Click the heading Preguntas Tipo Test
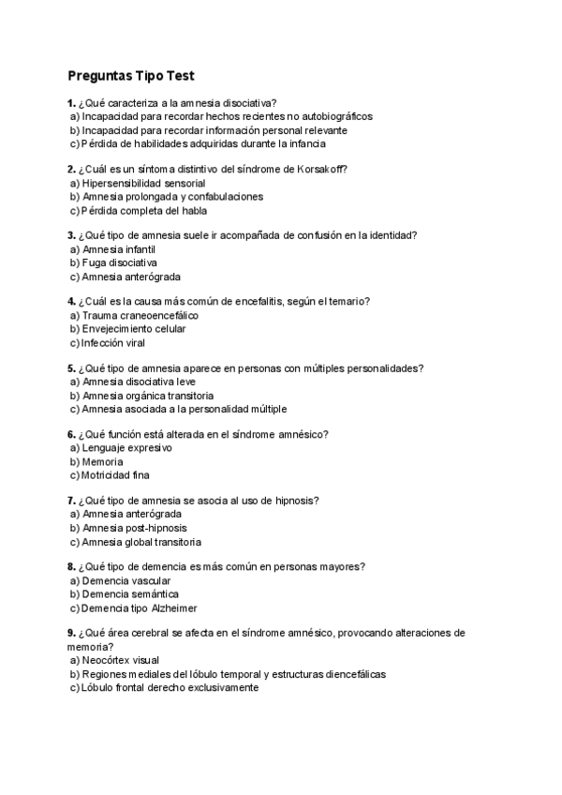click(x=131, y=75)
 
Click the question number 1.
click(x=71, y=103)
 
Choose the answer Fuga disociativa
click(x=120, y=263)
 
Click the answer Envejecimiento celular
click(x=134, y=329)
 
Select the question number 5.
click(x=71, y=367)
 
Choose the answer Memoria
click(x=102, y=462)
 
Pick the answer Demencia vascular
click(x=126, y=581)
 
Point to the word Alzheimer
click(x=173, y=607)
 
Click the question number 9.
click(x=71, y=634)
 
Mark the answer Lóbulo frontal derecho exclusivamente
click(x=170, y=687)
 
